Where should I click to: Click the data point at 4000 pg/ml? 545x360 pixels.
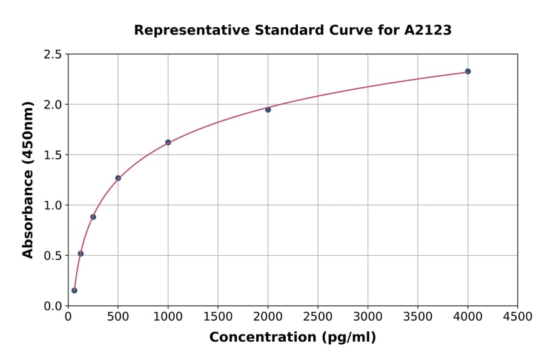point(467,72)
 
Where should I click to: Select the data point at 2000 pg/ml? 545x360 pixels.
point(268,110)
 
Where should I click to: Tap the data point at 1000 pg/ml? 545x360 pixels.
point(168,142)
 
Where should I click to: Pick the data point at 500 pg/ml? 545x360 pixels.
point(118,178)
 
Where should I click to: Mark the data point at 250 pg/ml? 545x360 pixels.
point(93,217)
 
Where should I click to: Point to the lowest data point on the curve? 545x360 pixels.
point(74,290)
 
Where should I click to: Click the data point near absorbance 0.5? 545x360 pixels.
point(81,254)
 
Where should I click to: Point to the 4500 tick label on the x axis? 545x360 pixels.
point(517,317)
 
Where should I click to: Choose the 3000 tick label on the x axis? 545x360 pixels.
point(368,317)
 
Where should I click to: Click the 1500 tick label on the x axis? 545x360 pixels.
point(218,317)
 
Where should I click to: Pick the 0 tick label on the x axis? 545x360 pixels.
point(68,317)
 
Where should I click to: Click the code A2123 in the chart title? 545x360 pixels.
point(428,30)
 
